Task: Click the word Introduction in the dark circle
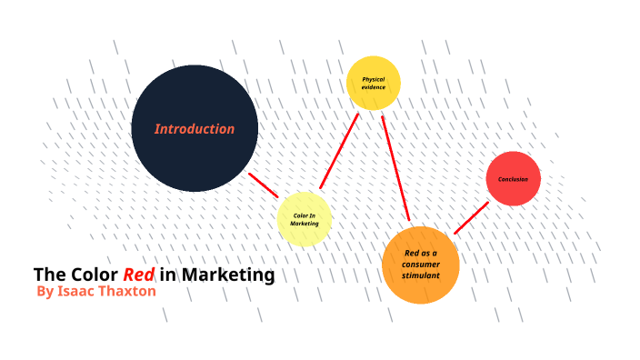(194, 129)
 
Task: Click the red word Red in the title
(138, 275)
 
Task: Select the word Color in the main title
(94, 275)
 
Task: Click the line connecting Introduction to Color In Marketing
(264, 185)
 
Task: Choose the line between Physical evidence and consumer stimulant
(395, 168)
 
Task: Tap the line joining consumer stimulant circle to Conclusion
(471, 218)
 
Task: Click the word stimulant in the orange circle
(420, 275)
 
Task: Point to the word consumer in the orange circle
(420, 264)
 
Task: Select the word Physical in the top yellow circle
(374, 79)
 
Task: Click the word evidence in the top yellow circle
(374, 87)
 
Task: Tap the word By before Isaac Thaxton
(45, 292)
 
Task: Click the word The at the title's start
(47, 275)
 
